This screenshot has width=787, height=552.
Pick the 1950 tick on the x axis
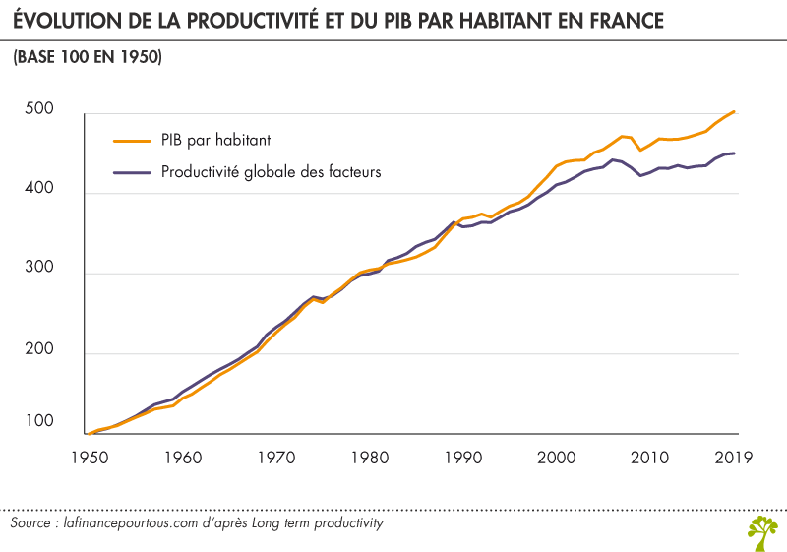[x=88, y=457]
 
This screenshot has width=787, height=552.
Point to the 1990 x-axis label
[x=461, y=457]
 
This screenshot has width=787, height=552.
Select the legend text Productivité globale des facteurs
[x=271, y=172]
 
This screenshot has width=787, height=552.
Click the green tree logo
[x=761, y=528]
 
